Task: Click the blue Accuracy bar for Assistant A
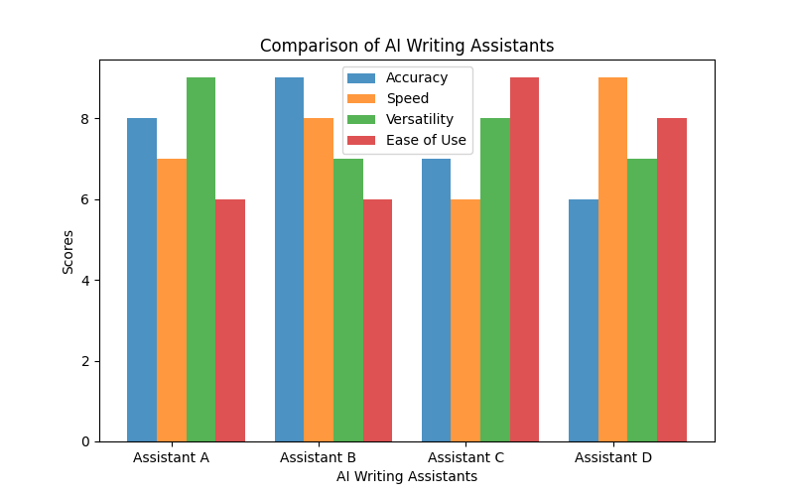[x=142, y=280]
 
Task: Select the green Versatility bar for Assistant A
[x=200, y=260]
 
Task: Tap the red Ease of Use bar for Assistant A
[x=230, y=320]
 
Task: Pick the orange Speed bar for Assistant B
[x=319, y=280]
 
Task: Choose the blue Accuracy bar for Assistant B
[x=289, y=260]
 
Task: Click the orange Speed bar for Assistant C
[x=465, y=320]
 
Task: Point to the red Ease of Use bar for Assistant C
[x=524, y=260]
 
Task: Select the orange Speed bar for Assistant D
[x=612, y=260]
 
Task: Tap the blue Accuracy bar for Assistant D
[x=584, y=320]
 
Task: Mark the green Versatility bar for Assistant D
[x=642, y=300]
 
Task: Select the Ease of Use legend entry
[x=425, y=140]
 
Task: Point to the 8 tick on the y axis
[x=85, y=119]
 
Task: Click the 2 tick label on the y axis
[x=85, y=361]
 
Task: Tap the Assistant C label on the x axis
[x=465, y=457]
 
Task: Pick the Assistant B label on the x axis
[x=319, y=457]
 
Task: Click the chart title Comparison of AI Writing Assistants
[x=407, y=46]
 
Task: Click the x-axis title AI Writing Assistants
[x=407, y=476]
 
